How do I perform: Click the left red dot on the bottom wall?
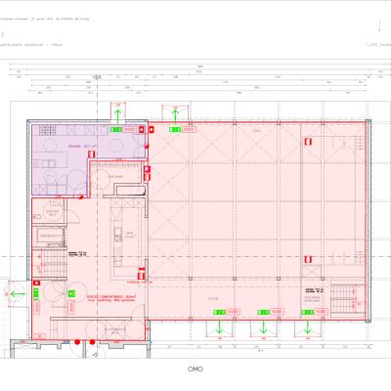click(75, 342)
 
